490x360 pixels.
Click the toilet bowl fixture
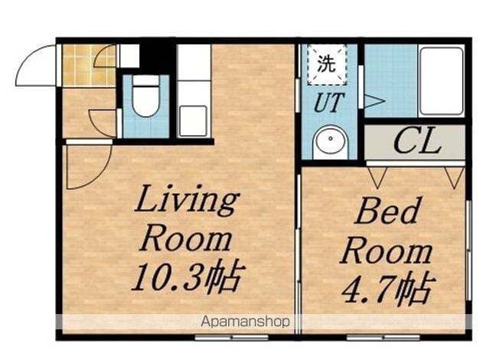145,97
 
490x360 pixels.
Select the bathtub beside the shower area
441,81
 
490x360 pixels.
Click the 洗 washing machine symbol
327,64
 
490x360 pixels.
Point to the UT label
329,103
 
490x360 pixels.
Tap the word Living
187,201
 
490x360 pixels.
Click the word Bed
387,211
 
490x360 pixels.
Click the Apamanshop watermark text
245,322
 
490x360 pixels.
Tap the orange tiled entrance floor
89,65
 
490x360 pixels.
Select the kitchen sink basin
193,121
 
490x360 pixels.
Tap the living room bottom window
231,338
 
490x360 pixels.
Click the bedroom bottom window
383,338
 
